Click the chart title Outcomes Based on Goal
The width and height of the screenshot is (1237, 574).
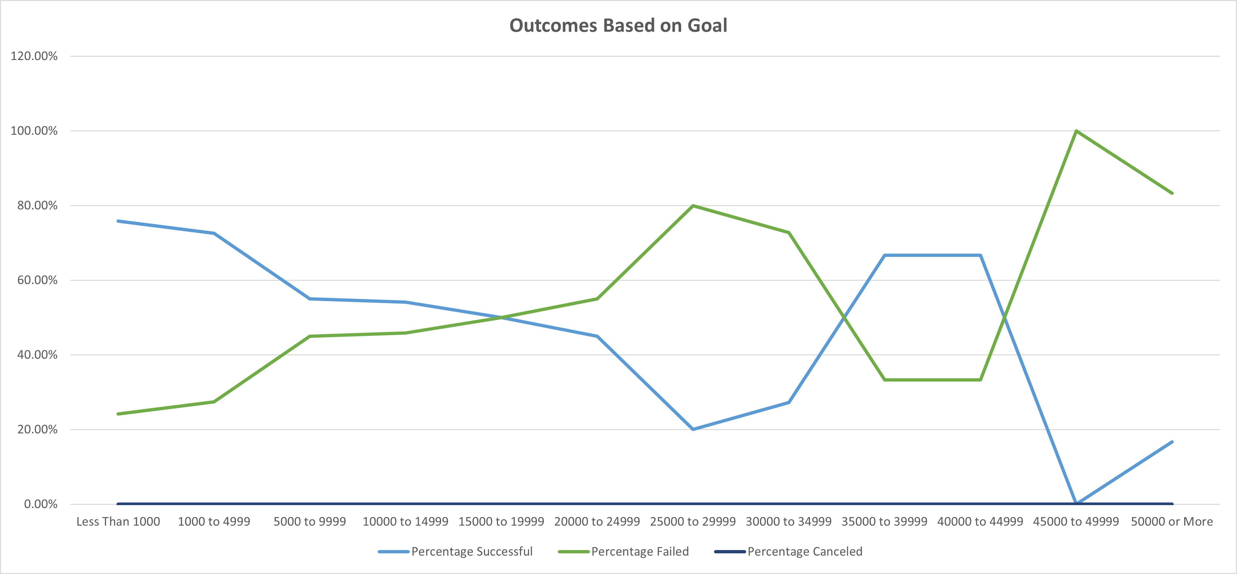pyautogui.click(x=618, y=26)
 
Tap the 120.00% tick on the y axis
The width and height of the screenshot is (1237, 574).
pyautogui.click(x=33, y=56)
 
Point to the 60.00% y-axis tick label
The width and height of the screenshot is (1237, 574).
pyautogui.click(x=37, y=280)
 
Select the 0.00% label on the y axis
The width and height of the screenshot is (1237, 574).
pyautogui.click(x=40, y=504)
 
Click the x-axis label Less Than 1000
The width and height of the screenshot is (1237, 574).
pyautogui.click(x=118, y=522)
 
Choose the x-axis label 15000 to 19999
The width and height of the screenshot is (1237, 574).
pyautogui.click(x=501, y=522)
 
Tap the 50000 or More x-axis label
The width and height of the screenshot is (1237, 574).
pyautogui.click(x=1172, y=522)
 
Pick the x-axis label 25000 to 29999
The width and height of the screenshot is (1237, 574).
pyautogui.click(x=692, y=522)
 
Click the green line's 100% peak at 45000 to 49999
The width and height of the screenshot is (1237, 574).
pyautogui.click(x=1076, y=131)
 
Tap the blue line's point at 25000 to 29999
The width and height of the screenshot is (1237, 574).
pyautogui.click(x=692, y=429)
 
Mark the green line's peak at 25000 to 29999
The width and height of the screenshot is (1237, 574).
pyautogui.click(x=692, y=206)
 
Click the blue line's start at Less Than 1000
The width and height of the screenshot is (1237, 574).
pyautogui.click(x=118, y=221)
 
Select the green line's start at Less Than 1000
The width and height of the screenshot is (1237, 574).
pyautogui.click(x=118, y=414)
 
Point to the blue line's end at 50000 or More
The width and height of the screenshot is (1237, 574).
pyautogui.click(x=1172, y=442)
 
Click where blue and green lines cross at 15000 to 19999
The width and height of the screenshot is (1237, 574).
pyautogui.click(x=501, y=317)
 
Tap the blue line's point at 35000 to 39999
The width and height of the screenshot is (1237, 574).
pyautogui.click(x=885, y=255)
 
